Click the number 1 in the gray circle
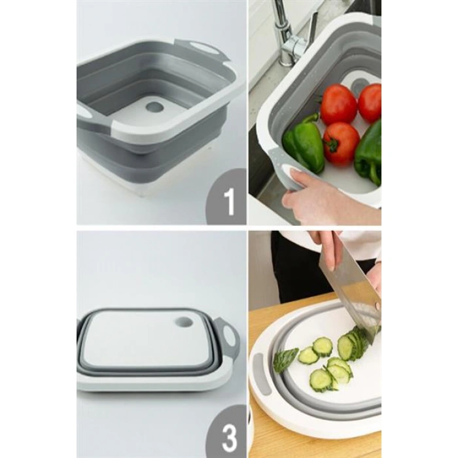tap(230, 202)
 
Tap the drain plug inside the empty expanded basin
tap(155, 107)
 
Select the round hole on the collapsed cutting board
tap(184, 322)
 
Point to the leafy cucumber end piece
tap(285, 359)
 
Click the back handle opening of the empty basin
tap(200, 46)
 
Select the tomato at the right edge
tap(370, 103)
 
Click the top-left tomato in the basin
tap(339, 104)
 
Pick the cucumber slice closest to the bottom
tap(321, 379)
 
